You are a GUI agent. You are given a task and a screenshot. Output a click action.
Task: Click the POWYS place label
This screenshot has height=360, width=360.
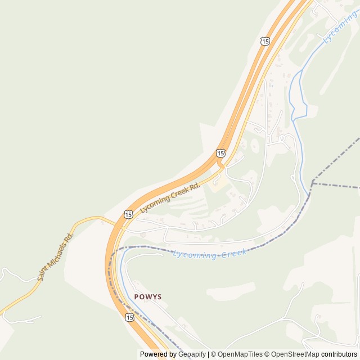click(148, 297)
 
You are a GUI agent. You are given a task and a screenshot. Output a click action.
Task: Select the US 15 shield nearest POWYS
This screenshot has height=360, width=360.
click(130, 318)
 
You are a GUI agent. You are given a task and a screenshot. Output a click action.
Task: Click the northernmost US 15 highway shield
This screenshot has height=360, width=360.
click(265, 40)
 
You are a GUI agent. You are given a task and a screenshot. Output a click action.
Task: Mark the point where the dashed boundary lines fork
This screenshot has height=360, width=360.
click(312, 182)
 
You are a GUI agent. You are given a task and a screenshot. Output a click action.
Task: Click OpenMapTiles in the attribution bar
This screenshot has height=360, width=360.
click(241, 354)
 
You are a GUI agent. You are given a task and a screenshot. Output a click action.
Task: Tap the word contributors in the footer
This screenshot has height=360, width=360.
click(339, 354)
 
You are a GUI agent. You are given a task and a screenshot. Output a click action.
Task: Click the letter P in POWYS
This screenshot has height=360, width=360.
click(137, 297)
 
